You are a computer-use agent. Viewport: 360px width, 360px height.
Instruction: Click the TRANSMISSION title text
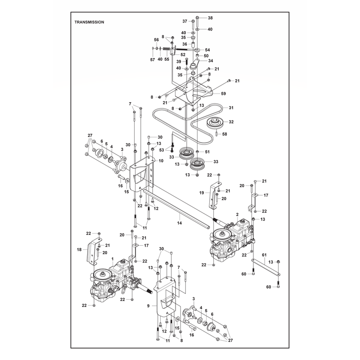point(89,22)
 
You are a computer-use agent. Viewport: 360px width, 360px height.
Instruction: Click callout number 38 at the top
point(210,18)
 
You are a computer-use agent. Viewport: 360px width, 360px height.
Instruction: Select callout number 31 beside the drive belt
point(231,108)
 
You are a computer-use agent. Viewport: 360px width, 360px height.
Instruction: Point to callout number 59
point(223,94)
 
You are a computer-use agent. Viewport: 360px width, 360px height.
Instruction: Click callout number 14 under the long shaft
point(180,223)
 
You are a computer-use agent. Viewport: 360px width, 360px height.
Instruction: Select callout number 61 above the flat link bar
point(264,255)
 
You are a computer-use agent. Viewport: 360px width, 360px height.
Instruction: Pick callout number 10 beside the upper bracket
point(161,161)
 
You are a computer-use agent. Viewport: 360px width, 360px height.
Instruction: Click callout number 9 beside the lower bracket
point(148,306)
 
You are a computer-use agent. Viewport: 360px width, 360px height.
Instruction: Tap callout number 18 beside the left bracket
point(79,249)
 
